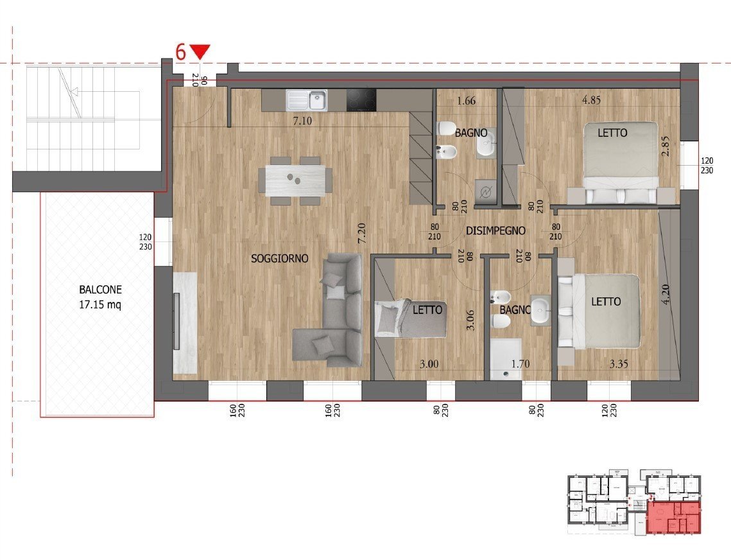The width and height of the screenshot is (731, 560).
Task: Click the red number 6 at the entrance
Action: click(181, 52)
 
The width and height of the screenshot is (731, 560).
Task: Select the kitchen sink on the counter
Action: click(307, 100)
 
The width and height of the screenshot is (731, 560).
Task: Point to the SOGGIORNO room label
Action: click(280, 259)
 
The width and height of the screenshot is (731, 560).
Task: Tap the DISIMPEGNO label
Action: click(496, 231)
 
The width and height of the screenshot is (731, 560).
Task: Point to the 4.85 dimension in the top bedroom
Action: click(591, 100)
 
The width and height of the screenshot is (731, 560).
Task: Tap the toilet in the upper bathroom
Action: click(445, 129)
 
